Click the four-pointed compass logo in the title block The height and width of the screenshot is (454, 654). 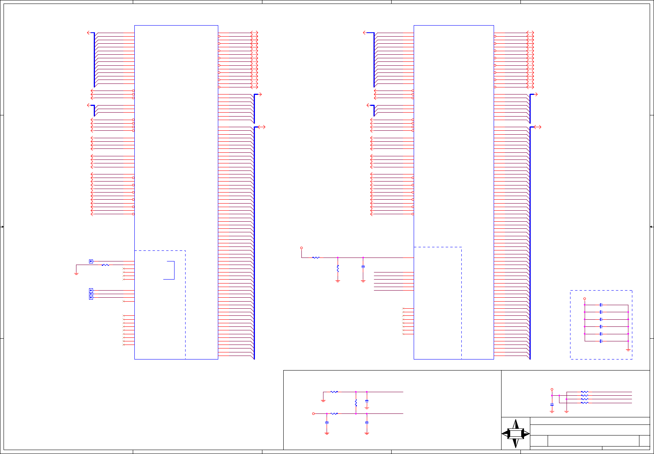pyautogui.click(x=515, y=434)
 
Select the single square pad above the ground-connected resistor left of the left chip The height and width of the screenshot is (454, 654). pyautogui.click(x=91, y=261)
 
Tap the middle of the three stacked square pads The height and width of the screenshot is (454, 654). pyautogui.click(x=91, y=294)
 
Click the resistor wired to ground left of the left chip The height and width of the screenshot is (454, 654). pyautogui.click(x=105, y=265)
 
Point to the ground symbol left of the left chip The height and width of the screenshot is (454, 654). pyautogui.click(x=76, y=273)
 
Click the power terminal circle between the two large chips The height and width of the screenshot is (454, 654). pyautogui.click(x=301, y=248)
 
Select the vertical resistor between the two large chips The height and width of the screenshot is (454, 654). pyautogui.click(x=338, y=269)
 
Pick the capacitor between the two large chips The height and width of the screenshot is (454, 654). pyautogui.click(x=363, y=267)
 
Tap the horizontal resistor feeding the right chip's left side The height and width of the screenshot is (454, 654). pyautogui.click(x=316, y=258)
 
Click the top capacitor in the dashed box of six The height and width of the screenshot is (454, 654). pyautogui.click(x=601, y=305)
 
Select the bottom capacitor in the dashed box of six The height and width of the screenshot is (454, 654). pyautogui.click(x=601, y=341)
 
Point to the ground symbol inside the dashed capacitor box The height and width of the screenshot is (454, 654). pyautogui.click(x=628, y=350)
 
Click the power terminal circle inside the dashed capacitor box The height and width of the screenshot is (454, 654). pyautogui.click(x=585, y=299)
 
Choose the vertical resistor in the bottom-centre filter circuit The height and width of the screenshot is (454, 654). pyautogui.click(x=356, y=403)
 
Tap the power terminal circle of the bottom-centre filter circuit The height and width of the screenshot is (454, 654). pyautogui.click(x=314, y=413)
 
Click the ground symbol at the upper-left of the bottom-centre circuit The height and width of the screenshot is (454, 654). pyautogui.click(x=323, y=400)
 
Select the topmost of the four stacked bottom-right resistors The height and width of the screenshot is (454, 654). pyautogui.click(x=585, y=392)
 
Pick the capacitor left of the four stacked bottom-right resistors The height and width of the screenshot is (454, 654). pyautogui.click(x=552, y=405)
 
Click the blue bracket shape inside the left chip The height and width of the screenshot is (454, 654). pyautogui.click(x=171, y=270)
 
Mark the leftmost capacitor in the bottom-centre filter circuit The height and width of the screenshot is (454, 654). pyautogui.click(x=327, y=422)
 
